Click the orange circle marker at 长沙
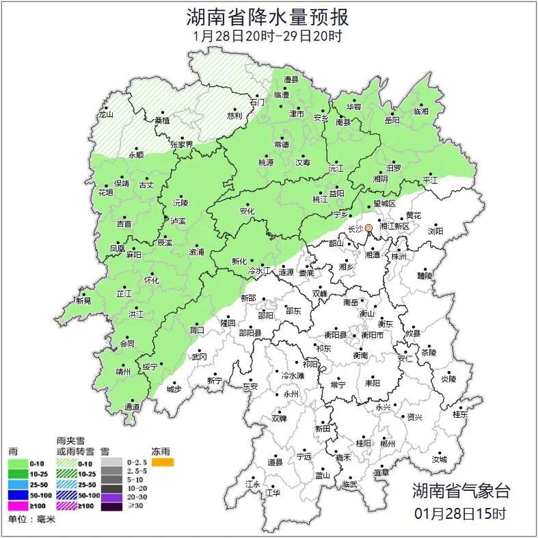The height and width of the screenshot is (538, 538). (x=368, y=227)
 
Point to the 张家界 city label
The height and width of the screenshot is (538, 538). (x=181, y=144)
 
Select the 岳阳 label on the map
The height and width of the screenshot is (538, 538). (x=392, y=120)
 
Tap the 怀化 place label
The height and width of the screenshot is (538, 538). (x=151, y=280)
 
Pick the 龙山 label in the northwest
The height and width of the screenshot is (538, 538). (x=105, y=115)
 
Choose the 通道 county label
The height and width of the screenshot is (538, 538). (x=133, y=407)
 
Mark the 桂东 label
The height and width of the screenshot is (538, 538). (x=460, y=414)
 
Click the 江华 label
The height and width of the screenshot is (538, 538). (x=273, y=492)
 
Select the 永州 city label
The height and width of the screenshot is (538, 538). (x=291, y=394)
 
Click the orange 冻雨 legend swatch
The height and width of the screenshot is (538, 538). (x=163, y=463)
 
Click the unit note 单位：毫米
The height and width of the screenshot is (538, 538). (x=31, y=520)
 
